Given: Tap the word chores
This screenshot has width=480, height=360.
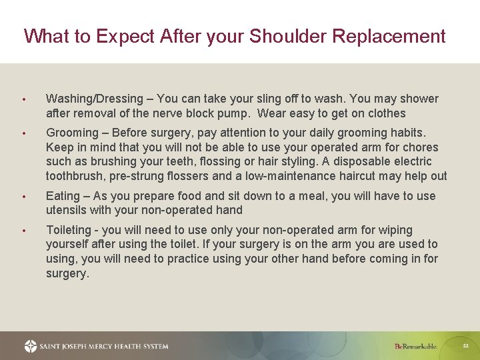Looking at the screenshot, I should (421, 147).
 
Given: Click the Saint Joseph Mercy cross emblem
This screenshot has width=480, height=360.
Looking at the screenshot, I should (31, 346).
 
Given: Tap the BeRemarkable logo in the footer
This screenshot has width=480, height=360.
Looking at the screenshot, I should (415, 346).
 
